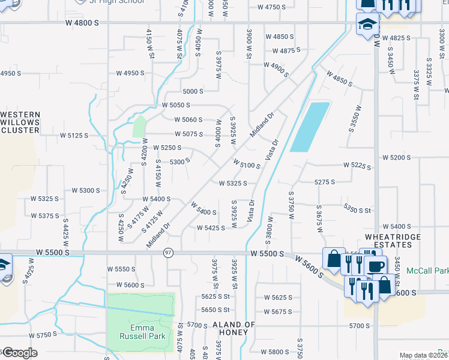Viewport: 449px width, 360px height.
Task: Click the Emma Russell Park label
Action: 140,332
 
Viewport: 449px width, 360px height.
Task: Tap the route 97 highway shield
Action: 169,253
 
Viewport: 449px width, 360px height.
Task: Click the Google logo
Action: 19,353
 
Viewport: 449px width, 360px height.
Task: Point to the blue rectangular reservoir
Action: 310,127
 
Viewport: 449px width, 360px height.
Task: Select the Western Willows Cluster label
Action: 20,122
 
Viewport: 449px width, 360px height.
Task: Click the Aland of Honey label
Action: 234,329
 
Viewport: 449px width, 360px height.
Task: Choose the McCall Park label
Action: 427,271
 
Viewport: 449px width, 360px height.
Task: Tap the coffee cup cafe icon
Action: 376,266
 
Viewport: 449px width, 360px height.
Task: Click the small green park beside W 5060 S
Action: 139,127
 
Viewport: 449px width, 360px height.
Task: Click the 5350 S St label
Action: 358,208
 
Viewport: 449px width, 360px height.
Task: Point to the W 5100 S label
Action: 247,164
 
